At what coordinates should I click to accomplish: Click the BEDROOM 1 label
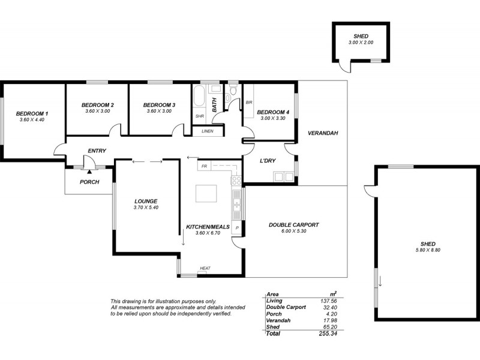point(32,113)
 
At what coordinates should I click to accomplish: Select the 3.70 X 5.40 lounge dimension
point(146,208)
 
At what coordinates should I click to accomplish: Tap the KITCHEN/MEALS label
point(205,226)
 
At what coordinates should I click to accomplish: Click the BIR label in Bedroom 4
point(249,103)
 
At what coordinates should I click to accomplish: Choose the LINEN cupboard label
point(208,131)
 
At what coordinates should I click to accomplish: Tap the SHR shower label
point(199,116)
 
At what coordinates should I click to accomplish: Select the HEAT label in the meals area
point(205,269)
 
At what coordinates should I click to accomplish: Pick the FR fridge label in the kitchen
point(204,166)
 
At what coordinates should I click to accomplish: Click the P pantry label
point(237,229)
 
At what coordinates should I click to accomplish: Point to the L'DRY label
point(268,161)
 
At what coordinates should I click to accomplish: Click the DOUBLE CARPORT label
point(293,224)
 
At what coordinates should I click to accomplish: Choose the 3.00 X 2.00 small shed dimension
point(361,43)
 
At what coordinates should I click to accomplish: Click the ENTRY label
point(97,151)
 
